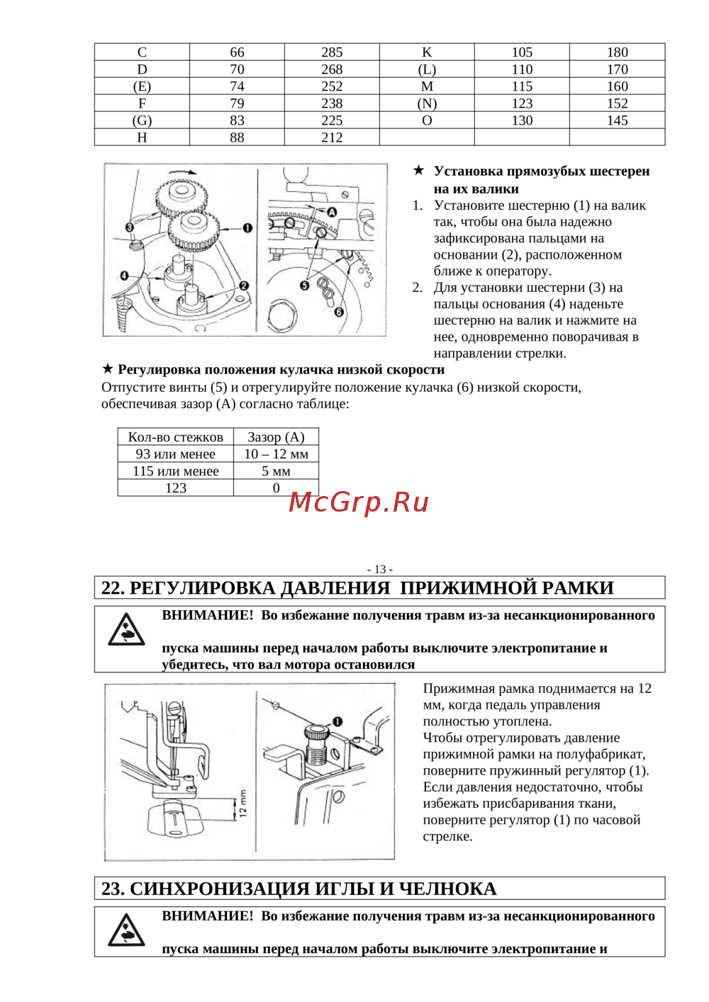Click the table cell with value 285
[332, 52]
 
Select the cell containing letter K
[427, 52]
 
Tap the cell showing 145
[618, 120]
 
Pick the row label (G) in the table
[142, 120]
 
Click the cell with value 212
[332, 137]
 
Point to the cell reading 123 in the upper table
[522, 103]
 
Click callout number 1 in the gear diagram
[247, 228]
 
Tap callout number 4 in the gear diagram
[125, 276]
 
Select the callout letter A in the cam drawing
[332, 212]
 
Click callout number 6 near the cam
[339, 312]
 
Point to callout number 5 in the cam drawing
[305, 286]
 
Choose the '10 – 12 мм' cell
[277, 454]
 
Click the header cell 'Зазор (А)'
[277, 437]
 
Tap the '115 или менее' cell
[175, 471]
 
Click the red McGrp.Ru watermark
[359, 503]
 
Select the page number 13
[380, 569]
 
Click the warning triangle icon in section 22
[126, 629]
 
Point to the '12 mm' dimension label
[243, 803]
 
